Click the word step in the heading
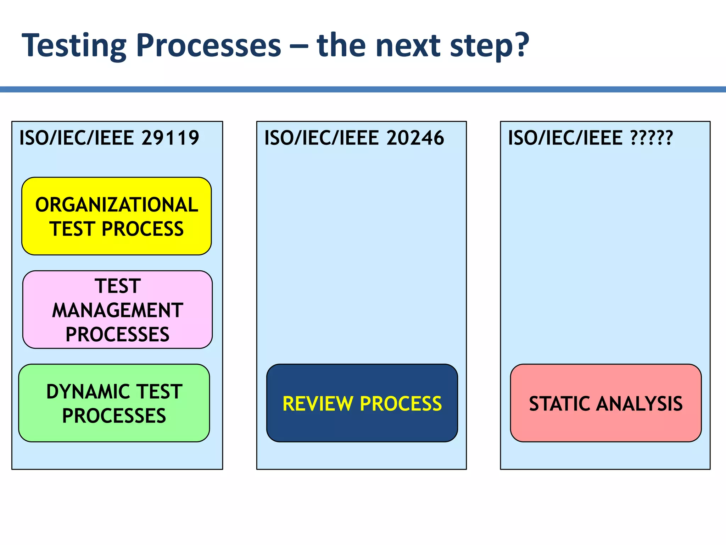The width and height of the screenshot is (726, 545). (x=482, y=46)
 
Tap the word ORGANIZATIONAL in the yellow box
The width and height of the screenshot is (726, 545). (x=117, y=205)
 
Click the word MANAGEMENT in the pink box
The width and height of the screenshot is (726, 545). (x=117, y=310)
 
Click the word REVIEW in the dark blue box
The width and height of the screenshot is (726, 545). (x=318, y=403)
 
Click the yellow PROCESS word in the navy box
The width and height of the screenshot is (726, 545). (x=401, y=403)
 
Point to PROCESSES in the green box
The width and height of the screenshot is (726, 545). (x=114, y=416)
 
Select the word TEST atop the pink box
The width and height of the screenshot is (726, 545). (x=117, y=286)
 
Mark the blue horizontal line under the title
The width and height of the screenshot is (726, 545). (x=363, y=89)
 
